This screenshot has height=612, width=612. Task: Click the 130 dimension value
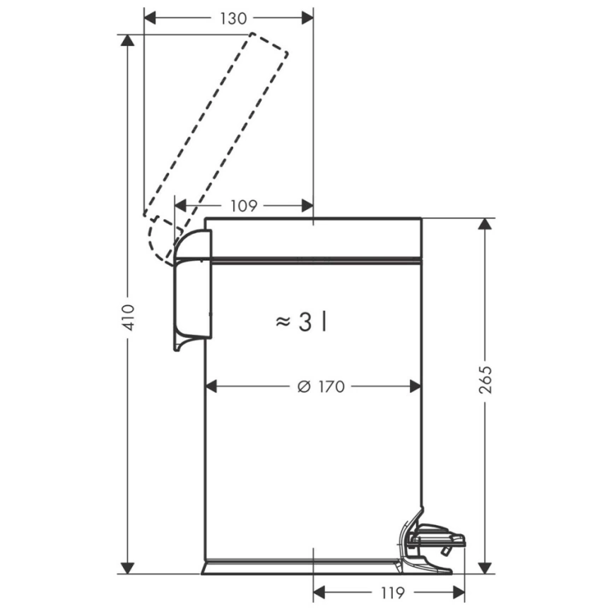point(233,18)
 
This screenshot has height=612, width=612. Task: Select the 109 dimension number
point(244,206)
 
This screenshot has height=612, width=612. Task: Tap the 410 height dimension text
point(129,317)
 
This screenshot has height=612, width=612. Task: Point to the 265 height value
point(486,379)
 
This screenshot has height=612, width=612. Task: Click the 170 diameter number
point(331,387)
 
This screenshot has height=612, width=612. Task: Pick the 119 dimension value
point(392,593)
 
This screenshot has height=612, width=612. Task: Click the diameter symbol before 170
point(304,387)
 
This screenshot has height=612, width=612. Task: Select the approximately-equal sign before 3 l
point(283,322)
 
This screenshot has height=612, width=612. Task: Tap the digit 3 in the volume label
point(305,322)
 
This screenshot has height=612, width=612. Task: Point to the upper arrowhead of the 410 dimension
point(128,40)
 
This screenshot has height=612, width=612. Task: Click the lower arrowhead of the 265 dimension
point(485,568)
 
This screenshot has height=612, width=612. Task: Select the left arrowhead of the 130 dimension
point(150,18)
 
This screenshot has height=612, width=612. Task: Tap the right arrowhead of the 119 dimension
point(459,592)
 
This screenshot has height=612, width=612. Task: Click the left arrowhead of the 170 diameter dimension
point(211,387)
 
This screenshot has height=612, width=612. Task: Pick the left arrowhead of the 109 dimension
point(181,206)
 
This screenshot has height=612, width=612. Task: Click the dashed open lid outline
point(216,149)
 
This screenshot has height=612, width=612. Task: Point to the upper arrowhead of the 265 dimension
point(485,224)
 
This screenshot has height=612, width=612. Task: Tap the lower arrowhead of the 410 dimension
point(128,568)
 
